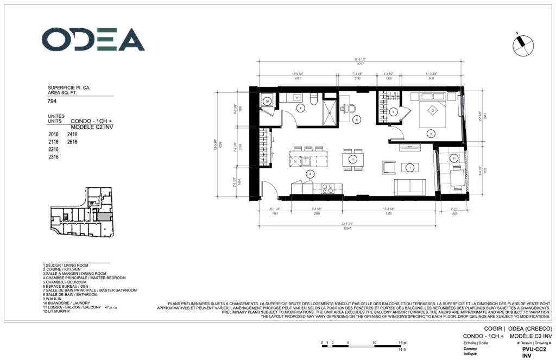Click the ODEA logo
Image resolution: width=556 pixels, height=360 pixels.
click(93, 40)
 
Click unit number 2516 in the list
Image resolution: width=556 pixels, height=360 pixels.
click(73, 141)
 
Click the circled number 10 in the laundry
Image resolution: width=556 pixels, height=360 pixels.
click(268, 101)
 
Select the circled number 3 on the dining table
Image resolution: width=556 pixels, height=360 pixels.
click(353, 160)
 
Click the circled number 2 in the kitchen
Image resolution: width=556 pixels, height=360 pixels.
click(310, 174)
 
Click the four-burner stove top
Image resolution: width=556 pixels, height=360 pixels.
click(328, 188)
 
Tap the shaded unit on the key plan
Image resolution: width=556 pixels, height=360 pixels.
click(103, 217)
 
